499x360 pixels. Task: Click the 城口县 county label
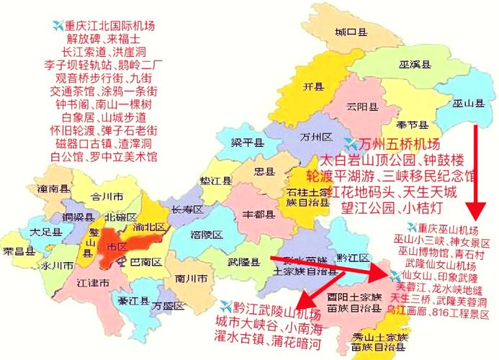(x=351, y=32)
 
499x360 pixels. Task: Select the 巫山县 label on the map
(x=467, y=104)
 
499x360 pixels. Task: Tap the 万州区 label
(x=315, y=137)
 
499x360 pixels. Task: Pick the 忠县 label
(x=264, y=171)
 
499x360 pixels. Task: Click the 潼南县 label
(x=54, y=188)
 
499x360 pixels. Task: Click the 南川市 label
(x=192, y=277)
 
